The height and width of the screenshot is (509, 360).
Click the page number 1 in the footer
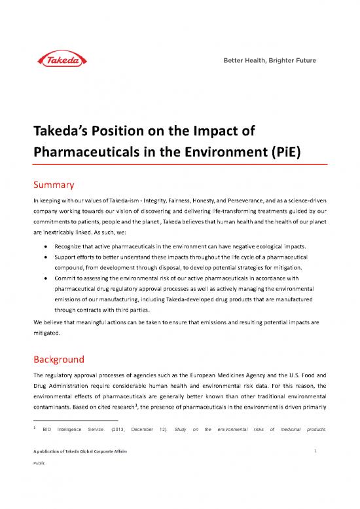click(x=315, y=471)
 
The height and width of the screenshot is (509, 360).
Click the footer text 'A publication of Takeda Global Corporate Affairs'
click(x=82, y=472)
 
